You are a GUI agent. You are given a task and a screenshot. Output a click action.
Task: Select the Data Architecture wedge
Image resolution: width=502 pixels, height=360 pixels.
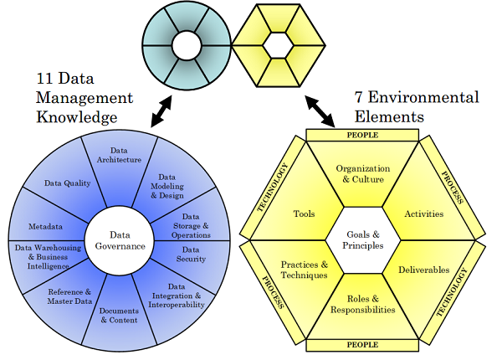(125, 156)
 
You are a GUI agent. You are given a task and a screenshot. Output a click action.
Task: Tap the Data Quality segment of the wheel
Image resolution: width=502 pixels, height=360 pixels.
(64, 183)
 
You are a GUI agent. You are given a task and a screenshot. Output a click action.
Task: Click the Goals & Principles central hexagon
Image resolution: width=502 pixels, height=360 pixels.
(363, 240)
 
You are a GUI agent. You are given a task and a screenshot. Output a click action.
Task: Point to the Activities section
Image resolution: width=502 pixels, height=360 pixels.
(424, 213)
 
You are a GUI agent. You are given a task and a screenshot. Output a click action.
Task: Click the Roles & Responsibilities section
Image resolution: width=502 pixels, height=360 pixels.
(363, 304)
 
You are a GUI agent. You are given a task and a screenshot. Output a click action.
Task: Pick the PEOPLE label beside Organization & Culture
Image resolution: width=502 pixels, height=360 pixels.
(362, 135)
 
